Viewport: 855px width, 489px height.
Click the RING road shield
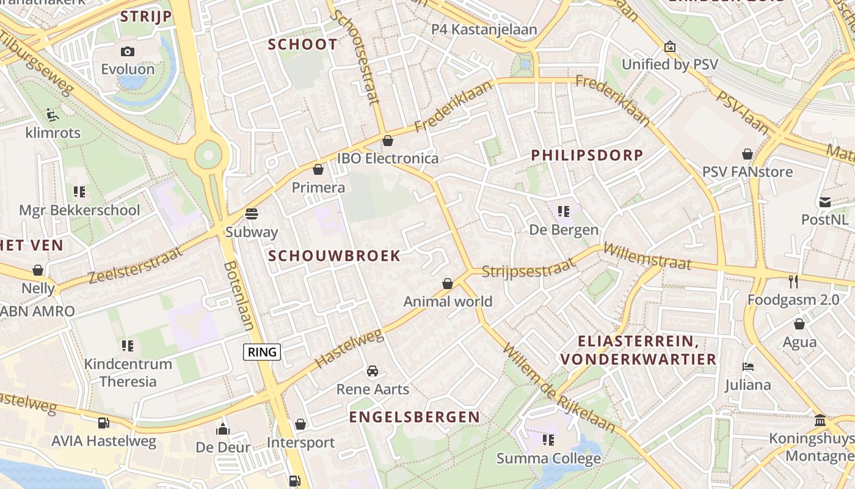tap(262, 351)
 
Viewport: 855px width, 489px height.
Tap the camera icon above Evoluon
tap(128, 51)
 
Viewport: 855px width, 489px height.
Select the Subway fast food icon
tap(251, 213)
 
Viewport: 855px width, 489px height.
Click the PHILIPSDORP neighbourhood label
tap(587, 155)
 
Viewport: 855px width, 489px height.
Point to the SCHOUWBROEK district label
tap(334, 256)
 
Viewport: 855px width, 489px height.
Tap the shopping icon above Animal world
tap(448, 283)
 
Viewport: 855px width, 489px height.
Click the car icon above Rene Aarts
tap(372, 371)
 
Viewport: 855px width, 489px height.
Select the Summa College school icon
tap(548, 439)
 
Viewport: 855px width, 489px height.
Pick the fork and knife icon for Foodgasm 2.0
tap(793, 281)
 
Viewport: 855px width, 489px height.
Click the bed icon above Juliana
tap(748, 367)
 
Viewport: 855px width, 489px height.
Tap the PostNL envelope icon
tap(825, 202)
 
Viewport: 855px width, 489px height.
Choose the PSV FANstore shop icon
tap(748, 153)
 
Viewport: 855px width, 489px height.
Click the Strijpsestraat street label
tap(529, 268)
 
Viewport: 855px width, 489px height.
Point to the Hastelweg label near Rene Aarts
tap(349, 348)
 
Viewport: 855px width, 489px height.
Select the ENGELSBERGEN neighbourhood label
tap(414, 417)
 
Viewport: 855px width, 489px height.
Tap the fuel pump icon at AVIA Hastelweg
tap(104, 422)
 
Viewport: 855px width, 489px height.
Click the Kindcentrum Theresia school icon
tap(128, 346)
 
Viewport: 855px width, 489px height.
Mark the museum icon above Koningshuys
tap(820, 421)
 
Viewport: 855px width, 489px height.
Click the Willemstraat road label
tap(647, 257)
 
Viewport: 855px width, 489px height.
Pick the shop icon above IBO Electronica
tap(387, 141)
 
